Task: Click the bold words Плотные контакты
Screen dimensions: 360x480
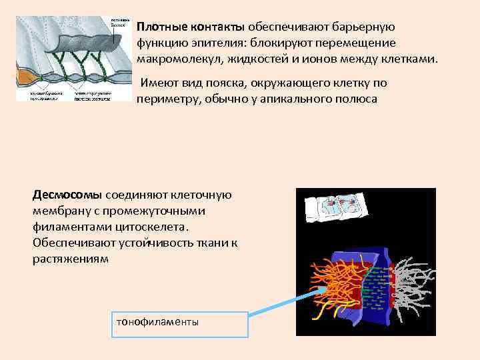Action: pos(191,27)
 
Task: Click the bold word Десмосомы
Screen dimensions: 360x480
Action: pos(67,195)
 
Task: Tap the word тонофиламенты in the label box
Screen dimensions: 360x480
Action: pos(157,321)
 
